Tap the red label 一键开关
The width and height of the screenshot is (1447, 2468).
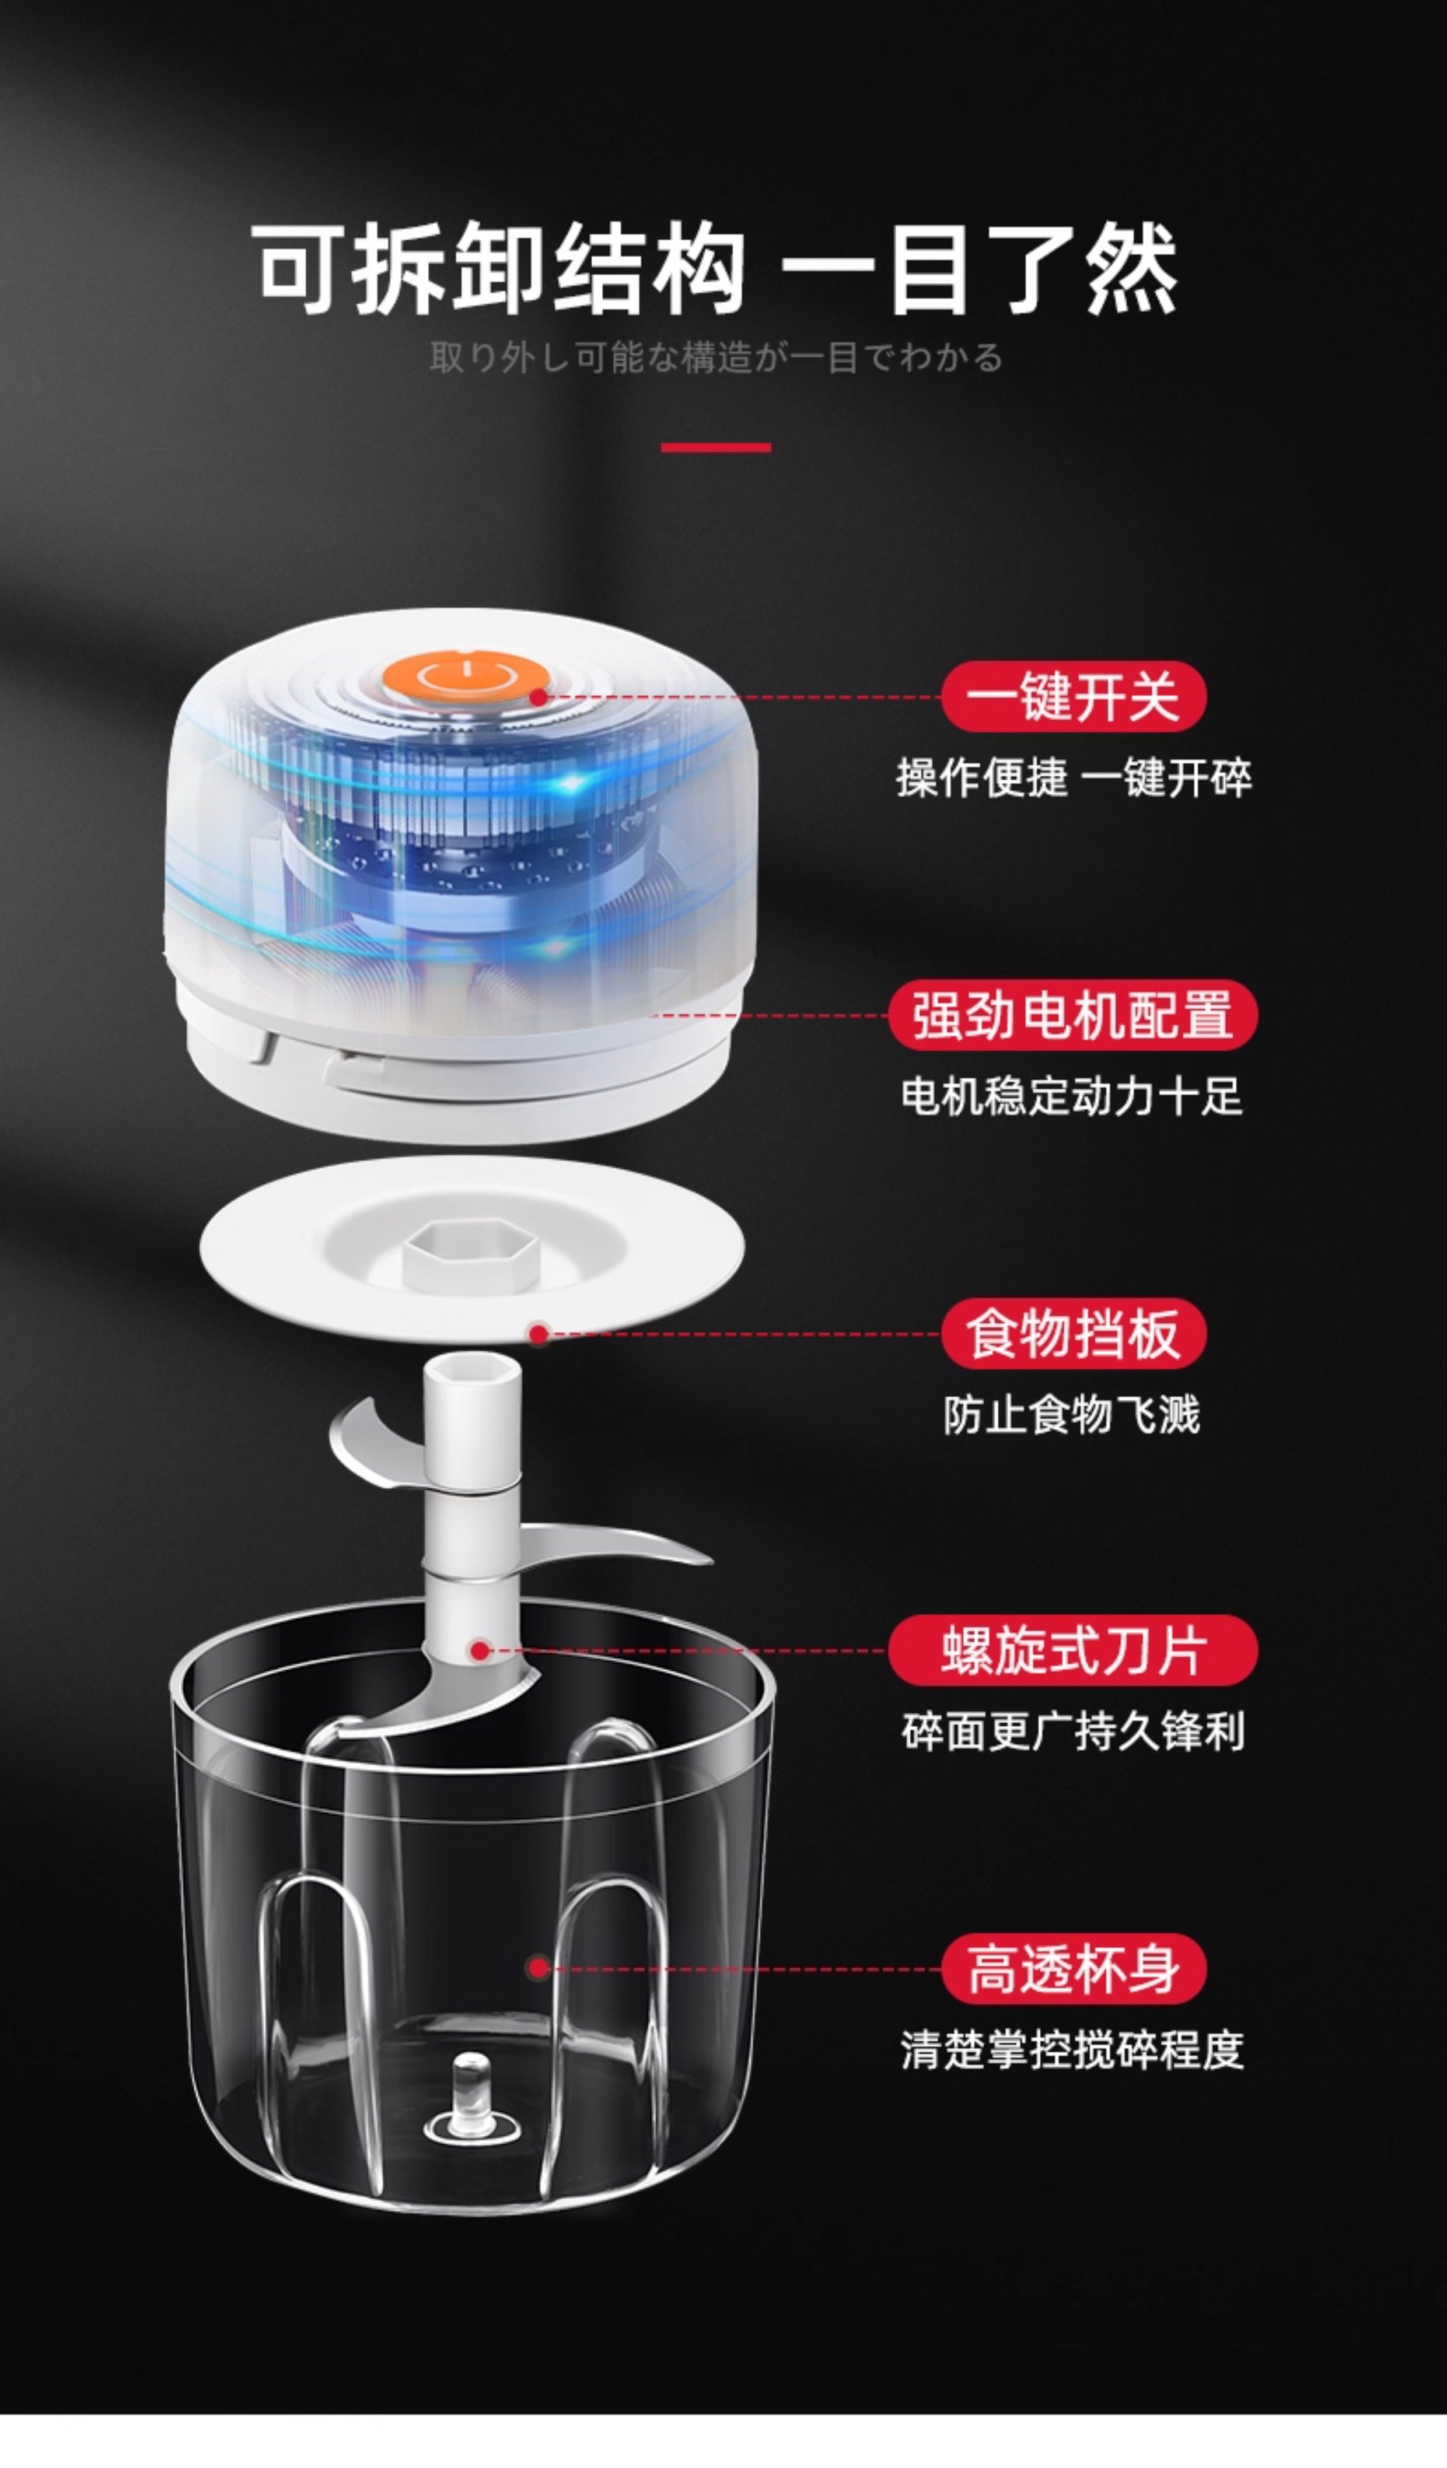[1074, 696]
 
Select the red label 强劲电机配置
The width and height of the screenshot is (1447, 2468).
[1073, 1015]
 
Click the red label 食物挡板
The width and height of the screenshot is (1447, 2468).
[1074, 1333]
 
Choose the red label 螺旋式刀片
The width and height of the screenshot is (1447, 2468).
[1073, 1650]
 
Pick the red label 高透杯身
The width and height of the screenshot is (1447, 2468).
[1074, 1969]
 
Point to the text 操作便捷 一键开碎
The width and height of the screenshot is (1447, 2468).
[1074, 779]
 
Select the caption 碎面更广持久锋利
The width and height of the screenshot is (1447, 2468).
[1073, 1731]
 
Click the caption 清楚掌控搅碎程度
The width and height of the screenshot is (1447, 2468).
[1073, 2050]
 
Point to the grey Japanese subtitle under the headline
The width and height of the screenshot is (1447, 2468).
[716, 357]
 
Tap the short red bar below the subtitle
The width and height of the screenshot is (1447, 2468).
[716, 447]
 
